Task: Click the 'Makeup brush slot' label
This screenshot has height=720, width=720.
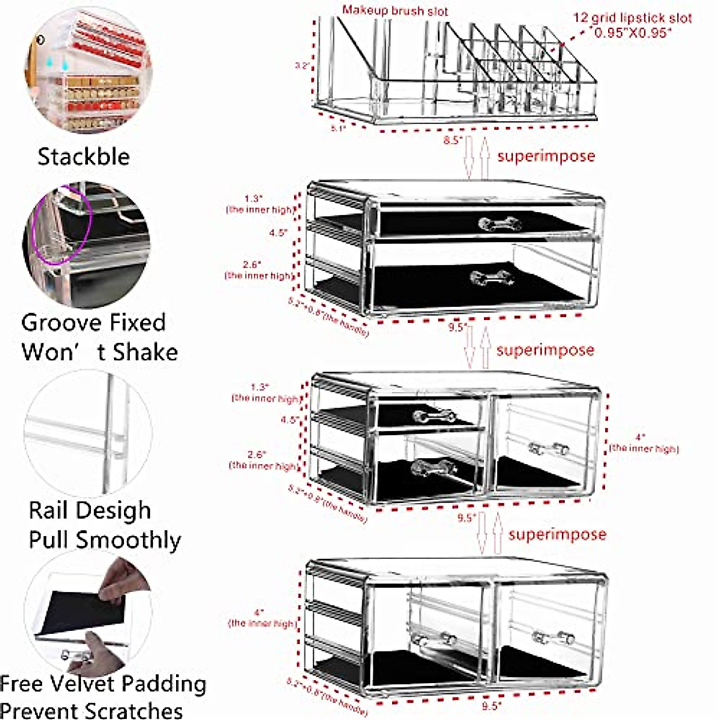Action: pyautogui.click(x=395, y=11)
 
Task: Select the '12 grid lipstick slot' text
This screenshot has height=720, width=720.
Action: pyautogui.click(x=632, y=18)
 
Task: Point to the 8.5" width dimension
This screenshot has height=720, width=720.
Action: pyautogui.click(x=452, y=140)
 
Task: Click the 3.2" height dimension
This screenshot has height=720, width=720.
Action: pyautogui.click(x=302, y=65)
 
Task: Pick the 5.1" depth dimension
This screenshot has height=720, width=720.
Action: pyautogui.click(x=338, y=128)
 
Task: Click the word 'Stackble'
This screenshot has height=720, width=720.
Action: pyautogui.click(x=83, y=157)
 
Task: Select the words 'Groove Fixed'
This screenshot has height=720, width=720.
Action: pyautogui.click(x=94, y=323)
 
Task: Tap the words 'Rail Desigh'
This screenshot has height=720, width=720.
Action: pyautogui.click(x=90, y=511)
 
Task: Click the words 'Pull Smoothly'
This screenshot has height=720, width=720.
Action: pyautogui.click(x=104, y=539)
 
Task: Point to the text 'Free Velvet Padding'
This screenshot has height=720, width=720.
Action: pyautogui.click(x=103, y=683)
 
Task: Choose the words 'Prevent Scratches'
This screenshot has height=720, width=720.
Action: pyautogui.click(x=92, y=710)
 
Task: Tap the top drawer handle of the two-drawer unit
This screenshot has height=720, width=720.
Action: pyautogui.click(x=499, y=224)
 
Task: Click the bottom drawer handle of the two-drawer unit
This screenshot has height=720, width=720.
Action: pyautogui.click(x=491, y=278)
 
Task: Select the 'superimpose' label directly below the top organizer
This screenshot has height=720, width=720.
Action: pyautogui.click(x=546, y=156)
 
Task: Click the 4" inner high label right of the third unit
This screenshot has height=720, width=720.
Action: pyautogui.click(x=644, y=443)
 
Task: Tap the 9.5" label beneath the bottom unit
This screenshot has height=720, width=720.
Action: pyautogui.click(x=491, y=706)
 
